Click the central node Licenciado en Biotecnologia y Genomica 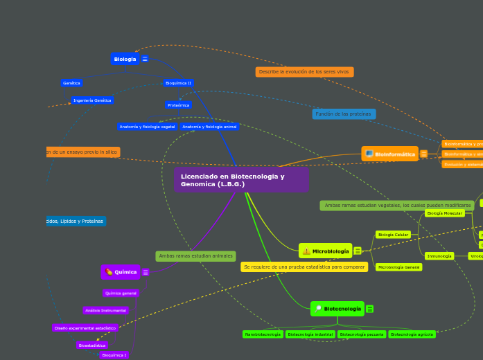point(241,180)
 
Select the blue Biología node point(125,59)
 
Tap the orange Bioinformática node point(390,154)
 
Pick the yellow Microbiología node point(326,251)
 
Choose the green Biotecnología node point(337,308)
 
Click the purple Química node point(121,271)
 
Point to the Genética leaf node point(71,83)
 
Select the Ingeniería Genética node point(92,100)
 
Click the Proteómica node point(178,105)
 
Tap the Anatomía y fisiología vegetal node point(147,127)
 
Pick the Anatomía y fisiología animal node point(209,127)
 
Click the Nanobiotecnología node point(263,334)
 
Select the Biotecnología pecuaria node point(362,334)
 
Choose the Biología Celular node point(393,235)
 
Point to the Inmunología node point(439,256)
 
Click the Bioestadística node point(92,345)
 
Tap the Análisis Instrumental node point(106,310)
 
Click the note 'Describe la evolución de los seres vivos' point(304,72)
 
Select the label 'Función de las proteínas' point(344,114)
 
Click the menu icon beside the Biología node point(145,59)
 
